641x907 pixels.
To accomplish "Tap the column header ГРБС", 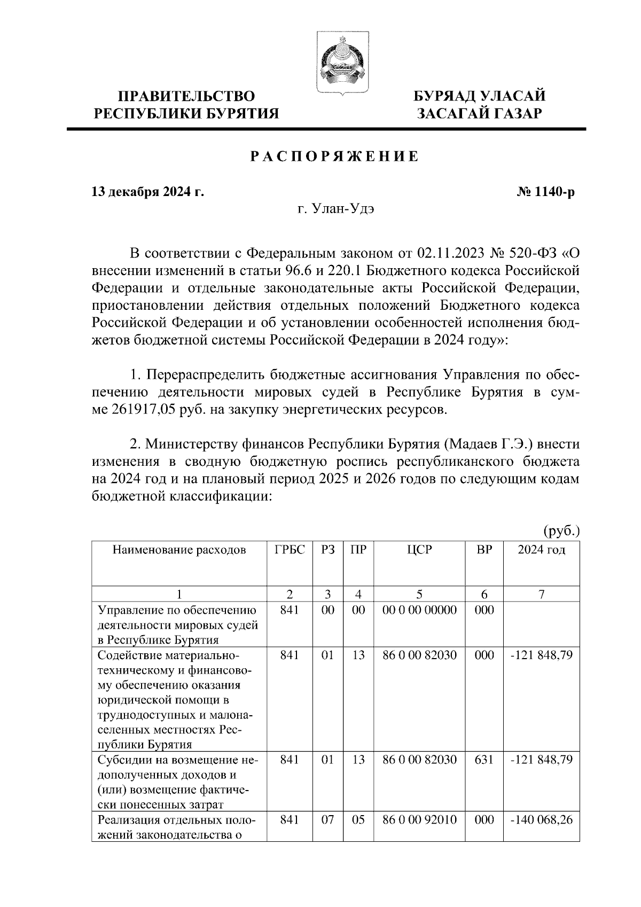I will (x=290, y=550).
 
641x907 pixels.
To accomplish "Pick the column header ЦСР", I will (x=419, y=550).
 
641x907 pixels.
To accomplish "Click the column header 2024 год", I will (x=541, y=550).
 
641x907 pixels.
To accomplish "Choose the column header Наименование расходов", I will (x=179, y=550).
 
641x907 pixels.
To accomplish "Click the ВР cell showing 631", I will (x=484, y=760).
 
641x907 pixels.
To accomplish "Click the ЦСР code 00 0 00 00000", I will (x=419, y=610).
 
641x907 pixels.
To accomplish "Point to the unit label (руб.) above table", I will (x=561, y=531).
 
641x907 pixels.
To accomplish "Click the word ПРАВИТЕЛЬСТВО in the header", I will (x=186, y=96).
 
